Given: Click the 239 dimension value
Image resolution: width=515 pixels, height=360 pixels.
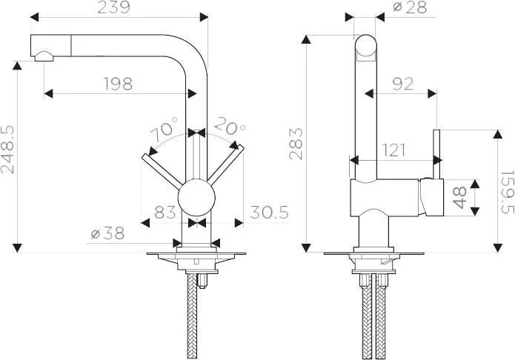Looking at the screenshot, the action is point(113,7).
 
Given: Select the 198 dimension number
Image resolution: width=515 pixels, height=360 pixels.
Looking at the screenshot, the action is point(119,84).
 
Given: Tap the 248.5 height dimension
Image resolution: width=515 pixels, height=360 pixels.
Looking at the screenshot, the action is point(7,150).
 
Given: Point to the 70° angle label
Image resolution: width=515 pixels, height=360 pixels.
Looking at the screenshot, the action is point(165,127).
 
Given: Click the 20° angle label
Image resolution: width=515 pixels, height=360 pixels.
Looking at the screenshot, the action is point(230,126).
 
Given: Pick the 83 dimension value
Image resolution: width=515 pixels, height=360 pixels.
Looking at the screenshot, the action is point(165,212).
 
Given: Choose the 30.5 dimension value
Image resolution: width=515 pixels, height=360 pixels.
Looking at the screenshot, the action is point(269,212).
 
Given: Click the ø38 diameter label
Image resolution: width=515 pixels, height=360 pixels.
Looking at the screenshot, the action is point(107,233).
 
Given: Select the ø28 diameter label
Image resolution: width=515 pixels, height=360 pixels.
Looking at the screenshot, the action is point(410,7).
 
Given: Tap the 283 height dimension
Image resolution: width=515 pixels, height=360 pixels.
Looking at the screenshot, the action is point(296,144).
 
